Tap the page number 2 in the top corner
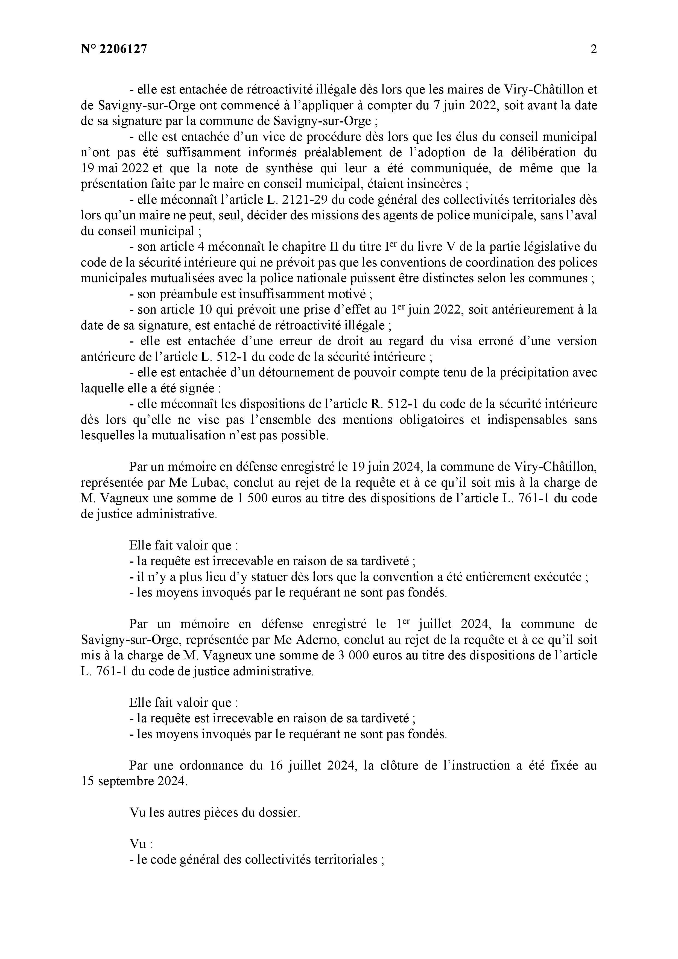(x=593, y=49)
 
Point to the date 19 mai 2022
(x=115, y=168)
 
